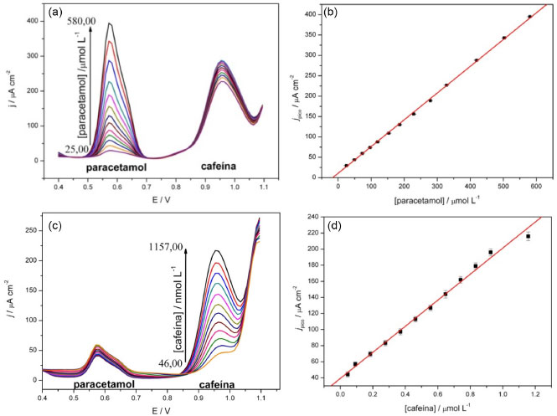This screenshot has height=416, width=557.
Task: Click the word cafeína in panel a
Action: click(x=221, y=167)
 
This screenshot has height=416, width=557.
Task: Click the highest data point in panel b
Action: click(x=506, y=16)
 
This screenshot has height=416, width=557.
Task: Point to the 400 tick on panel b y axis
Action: click(x=301, y=14)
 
